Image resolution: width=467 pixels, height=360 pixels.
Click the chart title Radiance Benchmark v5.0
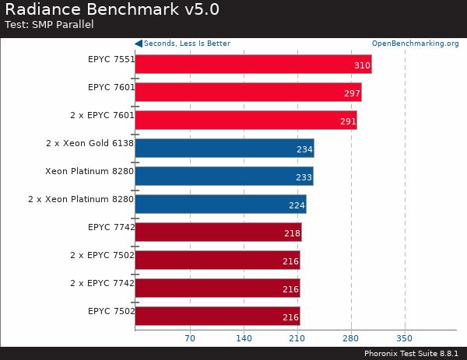tap(112, 10)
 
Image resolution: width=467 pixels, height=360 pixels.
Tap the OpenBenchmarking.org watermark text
tap(415, 44)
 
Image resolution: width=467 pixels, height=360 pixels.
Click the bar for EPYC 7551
tap(253, 65)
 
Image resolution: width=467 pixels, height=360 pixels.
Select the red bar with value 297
tap(248, 93)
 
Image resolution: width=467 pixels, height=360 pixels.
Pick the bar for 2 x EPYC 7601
tap(245, 121)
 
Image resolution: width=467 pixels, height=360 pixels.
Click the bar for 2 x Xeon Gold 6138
tap(224, 149)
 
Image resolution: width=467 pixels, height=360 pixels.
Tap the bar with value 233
tap(223, 177)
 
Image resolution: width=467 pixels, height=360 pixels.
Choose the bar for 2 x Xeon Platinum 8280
tap(220, 204)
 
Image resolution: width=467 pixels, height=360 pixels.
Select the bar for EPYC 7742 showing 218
tap(218, 232)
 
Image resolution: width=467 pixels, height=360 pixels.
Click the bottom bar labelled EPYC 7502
tap(217, 316)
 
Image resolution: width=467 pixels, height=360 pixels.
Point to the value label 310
tap(362, 65)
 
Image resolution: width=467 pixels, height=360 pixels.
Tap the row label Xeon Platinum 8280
tap(90, 170)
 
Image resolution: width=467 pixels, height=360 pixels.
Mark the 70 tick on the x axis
tap(189, 338)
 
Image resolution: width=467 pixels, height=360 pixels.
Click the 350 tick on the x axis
tap(405, 338)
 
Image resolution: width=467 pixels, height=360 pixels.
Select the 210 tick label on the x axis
tap(297, 338)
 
